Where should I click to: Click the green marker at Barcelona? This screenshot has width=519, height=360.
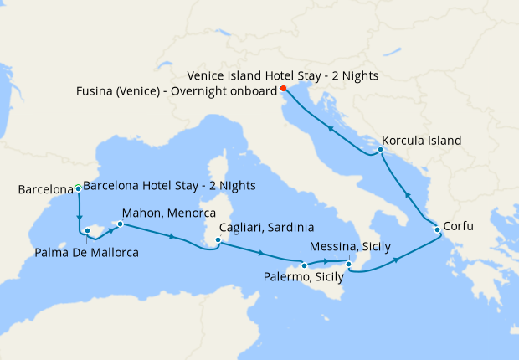pos(78,188)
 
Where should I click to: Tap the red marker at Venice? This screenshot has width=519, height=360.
pos(283,88)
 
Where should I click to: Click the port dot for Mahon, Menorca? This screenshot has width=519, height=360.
pos(120,224)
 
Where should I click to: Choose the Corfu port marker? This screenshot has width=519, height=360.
pos(437,229)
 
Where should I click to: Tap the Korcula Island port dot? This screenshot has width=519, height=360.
pos(380,150)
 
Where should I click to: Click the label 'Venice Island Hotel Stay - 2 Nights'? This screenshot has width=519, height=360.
pos(283,75)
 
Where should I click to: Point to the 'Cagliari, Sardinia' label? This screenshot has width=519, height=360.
pos(266,228)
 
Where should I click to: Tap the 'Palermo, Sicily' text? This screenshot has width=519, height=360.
pos(303,277)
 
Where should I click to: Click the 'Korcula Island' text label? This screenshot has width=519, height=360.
pos(421,141)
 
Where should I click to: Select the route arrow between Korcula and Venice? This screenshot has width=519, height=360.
pos(330,129)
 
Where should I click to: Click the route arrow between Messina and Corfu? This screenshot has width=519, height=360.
pos(397,260)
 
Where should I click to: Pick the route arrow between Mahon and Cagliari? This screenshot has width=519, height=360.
pos(172,237)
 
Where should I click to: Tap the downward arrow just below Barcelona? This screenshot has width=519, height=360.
pos(79,215)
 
